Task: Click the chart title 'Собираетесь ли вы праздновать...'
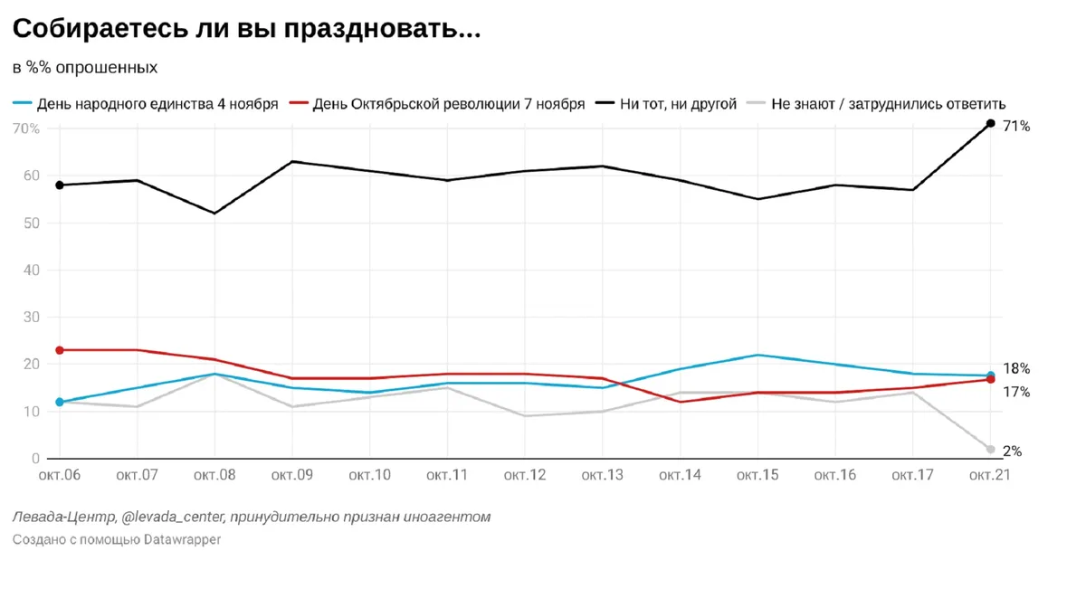tap(246, 29)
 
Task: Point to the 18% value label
tap(1016, 368)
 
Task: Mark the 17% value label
tap(1016, 392)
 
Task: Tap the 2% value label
tap(1013, 451)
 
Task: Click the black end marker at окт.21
tap(990, 123)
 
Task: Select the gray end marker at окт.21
tap(990, 450)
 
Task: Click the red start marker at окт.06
tap(60, 350)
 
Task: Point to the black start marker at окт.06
tap(60, 185)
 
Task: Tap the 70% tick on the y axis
tap(25, 128)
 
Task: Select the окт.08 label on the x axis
tap(214, 476)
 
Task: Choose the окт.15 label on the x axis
tap(757, 476)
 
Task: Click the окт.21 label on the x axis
tap(988, 476)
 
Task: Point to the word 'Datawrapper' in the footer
tap(181, 539)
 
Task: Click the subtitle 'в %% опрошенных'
tap(85, 68)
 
